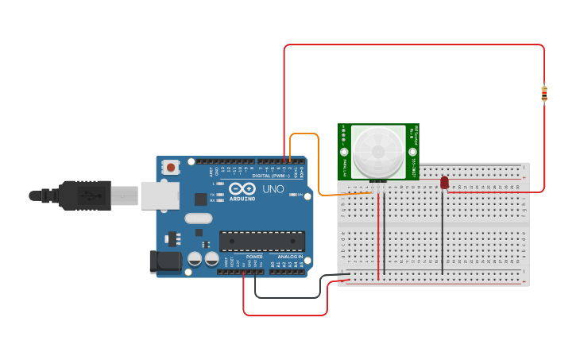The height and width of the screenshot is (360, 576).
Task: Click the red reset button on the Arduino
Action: coord(170,167)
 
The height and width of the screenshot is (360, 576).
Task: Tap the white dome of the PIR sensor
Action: coord(378,151)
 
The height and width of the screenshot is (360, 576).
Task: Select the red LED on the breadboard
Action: coord(444,183)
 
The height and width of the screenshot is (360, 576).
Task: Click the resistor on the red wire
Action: coord(543,94)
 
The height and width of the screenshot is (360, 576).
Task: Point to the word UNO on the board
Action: coord(273,189)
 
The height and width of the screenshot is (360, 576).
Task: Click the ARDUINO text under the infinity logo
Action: coord(243,199)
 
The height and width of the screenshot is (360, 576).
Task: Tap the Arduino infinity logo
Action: coord(242,188)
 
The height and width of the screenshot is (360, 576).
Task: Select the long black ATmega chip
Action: coord(262,241)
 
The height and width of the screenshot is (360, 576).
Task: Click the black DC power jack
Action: coord(160,261)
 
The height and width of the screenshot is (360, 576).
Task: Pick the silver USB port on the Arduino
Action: coord(159,195)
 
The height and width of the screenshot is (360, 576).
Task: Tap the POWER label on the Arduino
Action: coord(254,257)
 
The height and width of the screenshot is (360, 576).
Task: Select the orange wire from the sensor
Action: coord(319,159)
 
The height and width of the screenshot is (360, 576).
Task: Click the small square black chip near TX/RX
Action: coord(201,199)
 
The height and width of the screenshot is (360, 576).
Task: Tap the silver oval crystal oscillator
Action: coord(199,219)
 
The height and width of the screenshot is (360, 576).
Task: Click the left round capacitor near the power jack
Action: coord(195,258)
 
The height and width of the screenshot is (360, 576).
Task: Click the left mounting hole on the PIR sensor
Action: coord(344,152)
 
